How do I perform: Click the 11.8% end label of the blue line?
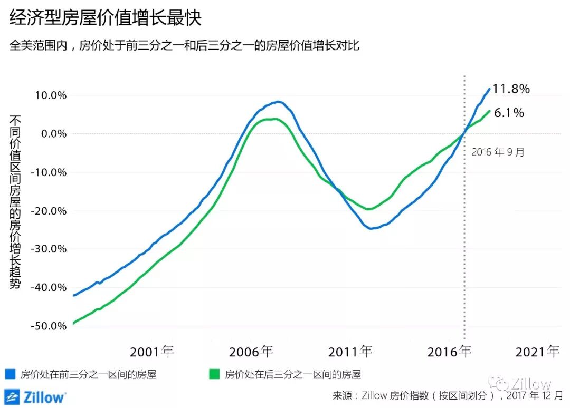tap(511, 89)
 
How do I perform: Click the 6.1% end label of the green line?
tap(509, 112)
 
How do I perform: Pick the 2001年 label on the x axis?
tap(152, 352)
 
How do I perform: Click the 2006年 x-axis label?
tap(251, 352)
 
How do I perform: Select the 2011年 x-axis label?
tap(350, 352)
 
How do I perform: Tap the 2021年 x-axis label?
tap(537, 352)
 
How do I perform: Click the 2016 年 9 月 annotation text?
tap(498, 152)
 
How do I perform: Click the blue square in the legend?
tap(9, 375)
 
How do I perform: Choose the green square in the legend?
tap(214, 375)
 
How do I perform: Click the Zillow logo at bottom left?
tap(35, 396)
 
